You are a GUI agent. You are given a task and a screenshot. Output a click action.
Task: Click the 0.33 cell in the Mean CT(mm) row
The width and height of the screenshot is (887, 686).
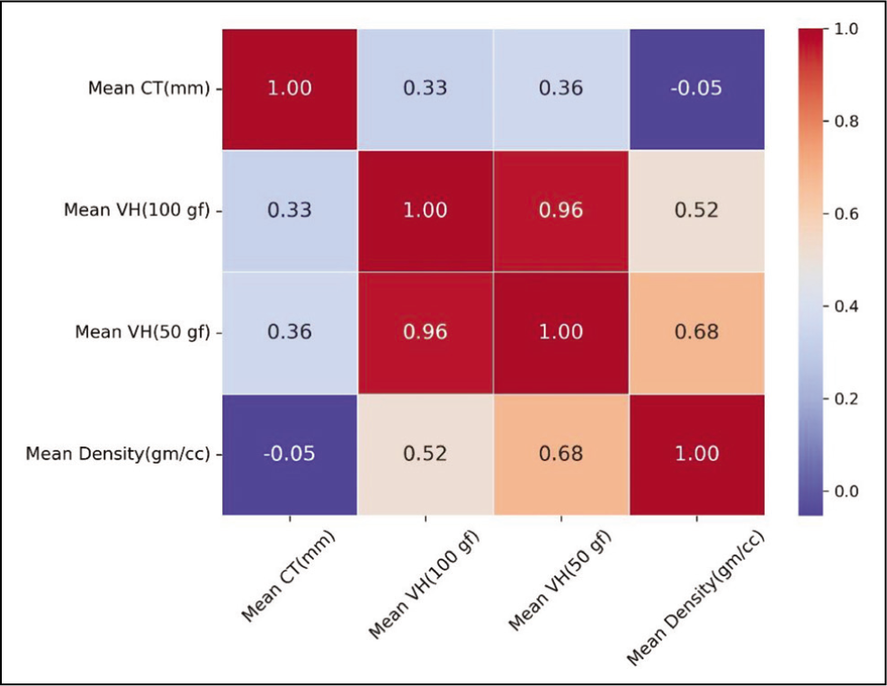425,89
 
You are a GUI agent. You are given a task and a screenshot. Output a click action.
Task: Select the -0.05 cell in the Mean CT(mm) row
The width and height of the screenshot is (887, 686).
697,89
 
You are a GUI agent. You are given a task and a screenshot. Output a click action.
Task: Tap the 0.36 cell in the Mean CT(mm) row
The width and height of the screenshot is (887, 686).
561,89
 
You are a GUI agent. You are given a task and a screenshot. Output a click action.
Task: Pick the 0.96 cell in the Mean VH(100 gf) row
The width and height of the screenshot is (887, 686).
561,211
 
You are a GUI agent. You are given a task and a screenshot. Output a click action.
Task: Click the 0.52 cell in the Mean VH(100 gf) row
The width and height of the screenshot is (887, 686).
697,211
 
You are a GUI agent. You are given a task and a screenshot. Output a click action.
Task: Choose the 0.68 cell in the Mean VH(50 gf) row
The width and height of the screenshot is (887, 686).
697,332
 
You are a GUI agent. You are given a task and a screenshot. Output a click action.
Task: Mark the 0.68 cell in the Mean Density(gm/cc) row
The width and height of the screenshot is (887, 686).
561,454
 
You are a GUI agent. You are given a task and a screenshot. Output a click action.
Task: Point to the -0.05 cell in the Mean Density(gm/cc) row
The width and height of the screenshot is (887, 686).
290,454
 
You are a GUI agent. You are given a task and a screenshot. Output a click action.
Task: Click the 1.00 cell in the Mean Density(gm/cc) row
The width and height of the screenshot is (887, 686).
697,454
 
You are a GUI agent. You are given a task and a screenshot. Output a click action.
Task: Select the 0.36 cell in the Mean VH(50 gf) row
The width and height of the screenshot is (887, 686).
290,332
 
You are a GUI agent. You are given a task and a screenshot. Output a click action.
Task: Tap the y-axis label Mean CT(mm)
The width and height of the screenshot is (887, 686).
148,89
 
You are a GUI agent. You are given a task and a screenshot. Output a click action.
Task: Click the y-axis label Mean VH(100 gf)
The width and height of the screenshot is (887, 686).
137,211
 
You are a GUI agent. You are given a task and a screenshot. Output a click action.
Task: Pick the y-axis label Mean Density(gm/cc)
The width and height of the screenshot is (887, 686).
118,454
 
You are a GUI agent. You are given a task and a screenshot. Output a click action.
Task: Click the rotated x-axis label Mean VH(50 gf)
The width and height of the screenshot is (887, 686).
560,581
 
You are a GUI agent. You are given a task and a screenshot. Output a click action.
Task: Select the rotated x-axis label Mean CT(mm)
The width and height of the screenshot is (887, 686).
289,576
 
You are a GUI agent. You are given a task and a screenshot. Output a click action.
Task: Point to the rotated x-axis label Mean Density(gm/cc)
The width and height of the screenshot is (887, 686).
695,598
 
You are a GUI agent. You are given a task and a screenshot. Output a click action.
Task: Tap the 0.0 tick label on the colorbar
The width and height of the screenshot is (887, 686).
847,492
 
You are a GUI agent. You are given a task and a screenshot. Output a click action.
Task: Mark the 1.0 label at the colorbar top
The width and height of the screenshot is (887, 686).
847,29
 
